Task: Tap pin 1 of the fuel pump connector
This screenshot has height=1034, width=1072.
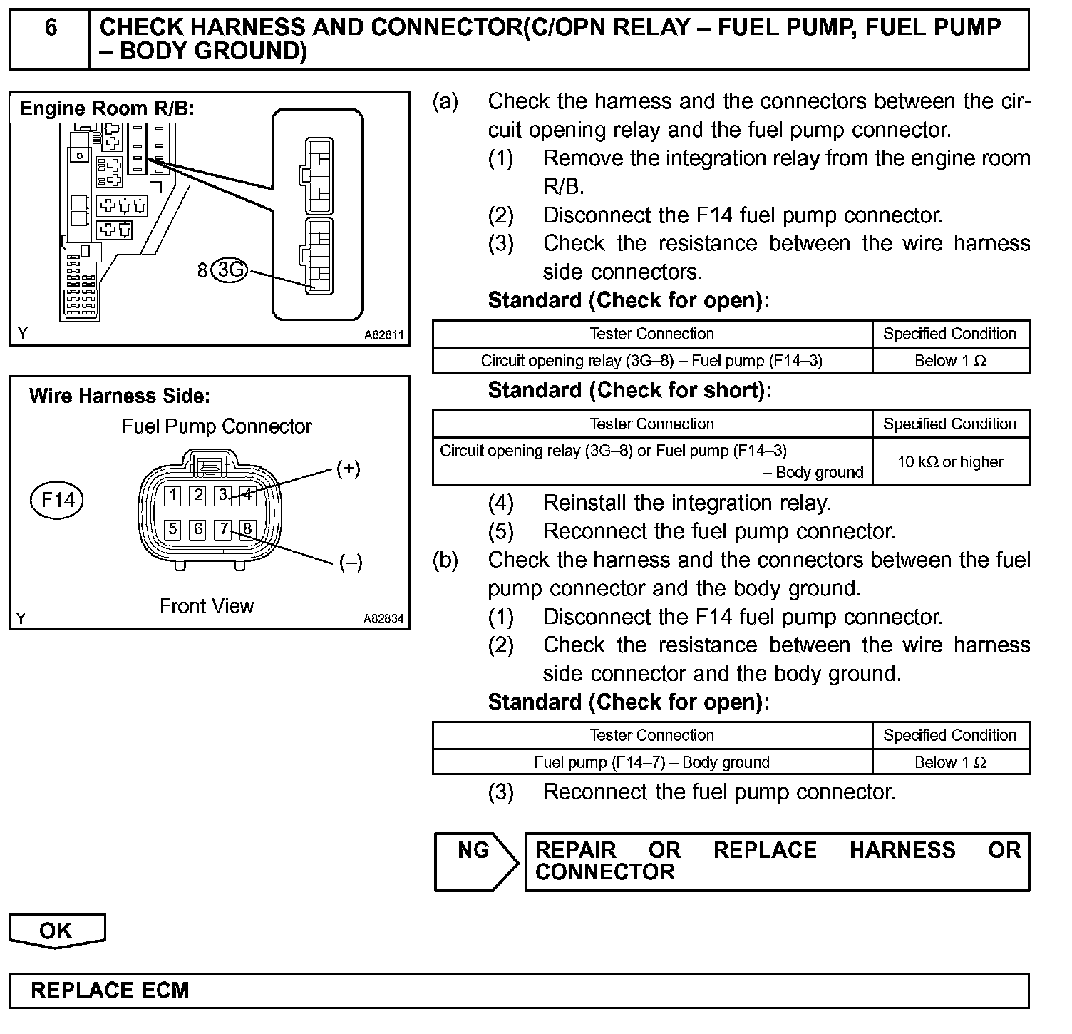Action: pyautogui.click(x=172, y=495)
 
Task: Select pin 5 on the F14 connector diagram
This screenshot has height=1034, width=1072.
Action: pyautogui.click(x=172, y=529)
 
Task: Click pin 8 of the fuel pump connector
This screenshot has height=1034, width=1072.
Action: pyautogui.click(x=247, y=529)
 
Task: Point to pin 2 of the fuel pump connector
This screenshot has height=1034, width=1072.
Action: pyautogui.click(x=198, y=495)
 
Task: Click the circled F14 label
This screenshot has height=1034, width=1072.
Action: pyautogui.click(x=57, y=500)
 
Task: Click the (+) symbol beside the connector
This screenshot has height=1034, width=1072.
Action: pyautogui.click(x=348, y=469)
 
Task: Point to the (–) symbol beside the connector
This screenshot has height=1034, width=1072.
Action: pyautogui.click(x=350, y=563)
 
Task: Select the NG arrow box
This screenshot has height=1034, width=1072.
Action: pyautogui.click(x=475, y=861)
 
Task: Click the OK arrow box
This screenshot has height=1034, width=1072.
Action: pyautogui.click(x=56, y=931)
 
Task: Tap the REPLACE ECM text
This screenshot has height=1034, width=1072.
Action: pyautogui.click(x=110, y=991)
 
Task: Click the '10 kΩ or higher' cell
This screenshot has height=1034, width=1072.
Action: pyautogui.click(x=950, y=462)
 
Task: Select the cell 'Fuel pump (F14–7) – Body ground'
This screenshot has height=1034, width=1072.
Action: pyautogui.click(x=651, y=762)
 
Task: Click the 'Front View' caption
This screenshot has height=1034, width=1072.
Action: pyautogui.click(x=207, y=606)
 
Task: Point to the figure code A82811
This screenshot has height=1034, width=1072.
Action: pyautogui.click(x=383, y=334)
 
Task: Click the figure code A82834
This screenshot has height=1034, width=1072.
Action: pyautogui.click(x=383, y=618)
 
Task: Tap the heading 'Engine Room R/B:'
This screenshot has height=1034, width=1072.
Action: pyautogui.click(x=107, y=108)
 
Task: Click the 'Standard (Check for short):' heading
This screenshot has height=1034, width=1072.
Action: pyautogui.click(x=629, y=390)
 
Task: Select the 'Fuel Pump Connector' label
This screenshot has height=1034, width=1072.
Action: pyautogui.click(x=217, y=426)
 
